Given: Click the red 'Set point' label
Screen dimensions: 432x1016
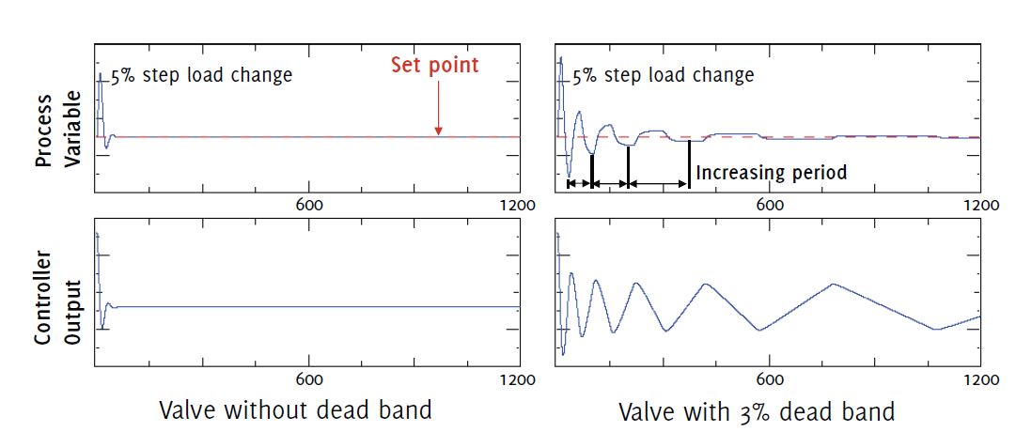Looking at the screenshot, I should pos(435,66).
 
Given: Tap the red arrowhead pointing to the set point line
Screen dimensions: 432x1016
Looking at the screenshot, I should pos(438,131).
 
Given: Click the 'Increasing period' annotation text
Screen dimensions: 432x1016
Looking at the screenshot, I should pos(772,173).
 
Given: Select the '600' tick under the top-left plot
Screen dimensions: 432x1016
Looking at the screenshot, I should pos(309,205).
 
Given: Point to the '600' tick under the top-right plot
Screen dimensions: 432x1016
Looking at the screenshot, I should pos(770,205).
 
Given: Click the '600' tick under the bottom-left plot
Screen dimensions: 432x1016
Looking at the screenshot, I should pos(309,379).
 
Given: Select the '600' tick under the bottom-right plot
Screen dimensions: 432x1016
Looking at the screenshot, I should pos(770,379).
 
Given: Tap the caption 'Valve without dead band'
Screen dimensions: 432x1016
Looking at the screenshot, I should pos(296,410).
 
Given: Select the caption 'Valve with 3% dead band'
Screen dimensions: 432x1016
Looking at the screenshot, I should pos(757,411).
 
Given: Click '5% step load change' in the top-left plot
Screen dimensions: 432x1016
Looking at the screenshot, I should pos(202,75).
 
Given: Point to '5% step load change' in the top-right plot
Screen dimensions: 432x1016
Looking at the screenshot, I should pos(664,75).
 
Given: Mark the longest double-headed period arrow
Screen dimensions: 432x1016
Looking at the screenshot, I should pos(659,183).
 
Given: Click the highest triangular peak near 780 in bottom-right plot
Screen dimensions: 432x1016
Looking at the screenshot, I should pos(832,284).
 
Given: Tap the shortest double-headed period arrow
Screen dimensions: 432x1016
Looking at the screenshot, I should pos(580,183).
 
